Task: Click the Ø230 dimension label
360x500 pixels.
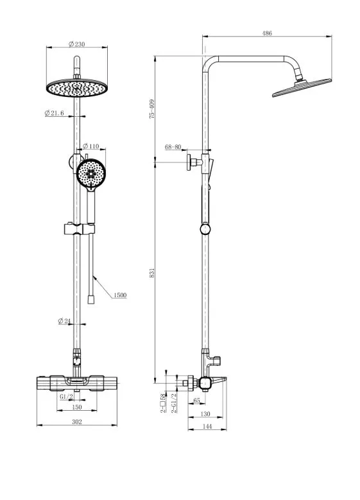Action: (77, 44)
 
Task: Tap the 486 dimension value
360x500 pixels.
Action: (267, 33)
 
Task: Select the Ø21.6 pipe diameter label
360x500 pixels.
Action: (54, 113)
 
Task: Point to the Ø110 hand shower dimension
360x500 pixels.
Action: (91, 146)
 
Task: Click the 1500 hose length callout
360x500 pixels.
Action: (120, 295)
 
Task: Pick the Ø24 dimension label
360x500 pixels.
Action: (64, 321)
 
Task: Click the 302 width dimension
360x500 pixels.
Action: (77, 422)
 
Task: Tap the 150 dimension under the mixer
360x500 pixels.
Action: (77, 407)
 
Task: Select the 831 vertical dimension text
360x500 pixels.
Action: (152, 272)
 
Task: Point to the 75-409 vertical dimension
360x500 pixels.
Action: (152, 109)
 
